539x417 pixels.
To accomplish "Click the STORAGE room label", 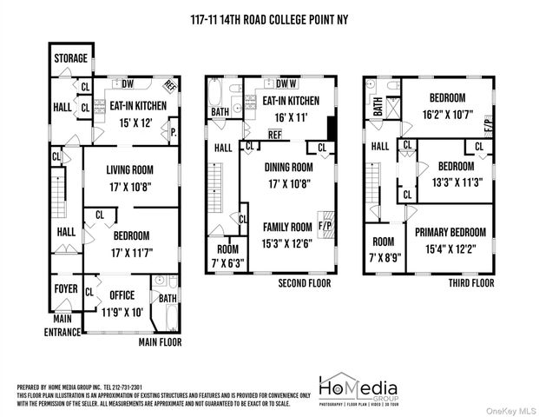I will tap(70, 59).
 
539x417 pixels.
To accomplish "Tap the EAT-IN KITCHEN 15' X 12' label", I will tap(131, 114).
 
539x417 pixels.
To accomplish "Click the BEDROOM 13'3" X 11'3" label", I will tap(455, 173).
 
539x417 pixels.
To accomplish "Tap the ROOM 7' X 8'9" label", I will tap(384, 249).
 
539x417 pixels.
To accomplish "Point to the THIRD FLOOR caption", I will tap(471, 283).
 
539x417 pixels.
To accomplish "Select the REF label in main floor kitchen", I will tap(170, 86).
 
